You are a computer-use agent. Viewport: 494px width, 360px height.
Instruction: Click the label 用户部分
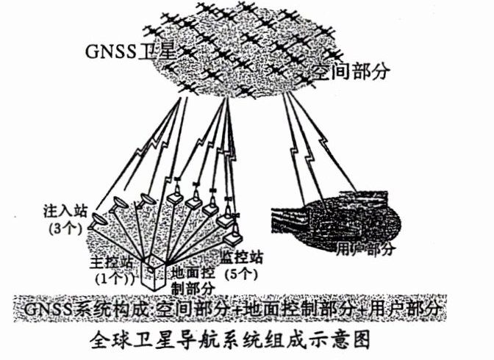click(366, 248)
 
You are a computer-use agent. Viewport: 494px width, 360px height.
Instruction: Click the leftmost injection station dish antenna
click(98, 217)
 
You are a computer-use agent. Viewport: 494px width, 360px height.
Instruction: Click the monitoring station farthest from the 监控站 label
click(175, 197)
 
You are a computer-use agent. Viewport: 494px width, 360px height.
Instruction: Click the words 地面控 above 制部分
click(193, 272)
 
